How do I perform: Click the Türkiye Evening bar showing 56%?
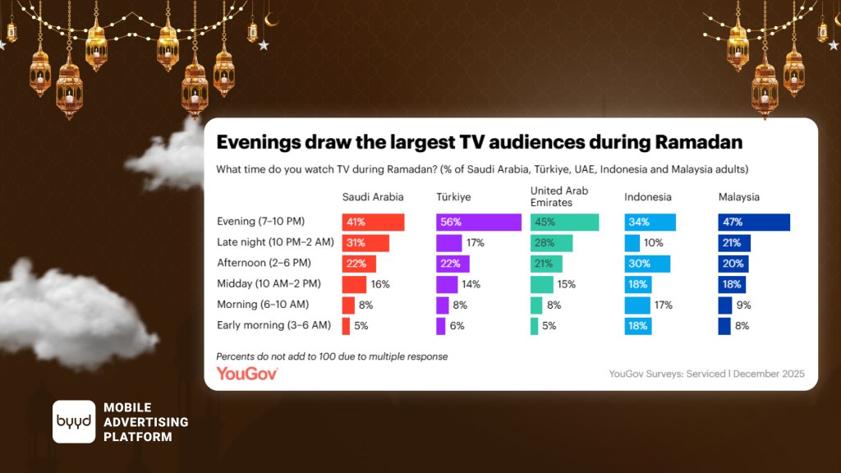(478, 223)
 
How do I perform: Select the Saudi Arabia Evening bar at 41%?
(373, 223)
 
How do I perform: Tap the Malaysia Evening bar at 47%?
(753, 223)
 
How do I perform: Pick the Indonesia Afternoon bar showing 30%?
(647, 264)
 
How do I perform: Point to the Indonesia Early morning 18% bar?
(637, 326)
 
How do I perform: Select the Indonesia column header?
(647, 197)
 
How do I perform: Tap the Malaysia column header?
(738, 197)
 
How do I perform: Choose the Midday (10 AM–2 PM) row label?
(268, 284)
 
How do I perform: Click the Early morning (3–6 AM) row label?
(273, 326)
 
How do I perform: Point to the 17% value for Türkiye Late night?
(476, 243)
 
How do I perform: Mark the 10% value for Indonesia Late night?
(654, 243)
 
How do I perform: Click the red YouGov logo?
(247, 374)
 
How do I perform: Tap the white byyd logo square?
(74, 422)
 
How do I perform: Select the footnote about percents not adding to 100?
(332, 356)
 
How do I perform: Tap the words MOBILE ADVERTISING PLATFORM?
(145, 422)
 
